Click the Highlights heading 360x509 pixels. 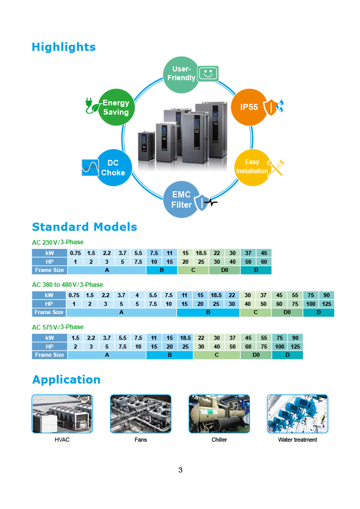click(64, 47)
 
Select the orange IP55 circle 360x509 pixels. click(249, 107)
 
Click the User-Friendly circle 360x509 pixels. click(181, 74)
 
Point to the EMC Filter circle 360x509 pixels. click(182, 199)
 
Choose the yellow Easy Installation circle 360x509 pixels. click(253, 167)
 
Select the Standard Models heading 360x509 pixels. click(84, 227)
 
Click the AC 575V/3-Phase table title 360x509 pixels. click(58, 327)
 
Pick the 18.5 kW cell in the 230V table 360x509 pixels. click(201, 253)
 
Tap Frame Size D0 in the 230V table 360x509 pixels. click(225, 270)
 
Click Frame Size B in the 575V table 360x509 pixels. click(170, 355)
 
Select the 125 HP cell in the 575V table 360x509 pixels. click(295, 347)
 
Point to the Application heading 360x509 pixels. click(66, 379)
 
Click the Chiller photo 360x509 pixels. click(219, 414)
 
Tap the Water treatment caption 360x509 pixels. click(297, 440)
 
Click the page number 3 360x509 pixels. click(180, 470)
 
